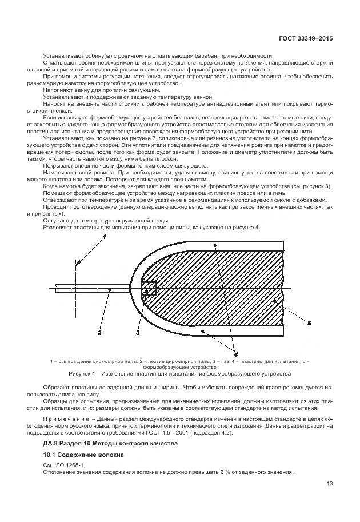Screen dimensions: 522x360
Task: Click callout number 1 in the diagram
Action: [104, 236]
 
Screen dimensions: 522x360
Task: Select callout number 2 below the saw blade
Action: [99, 332]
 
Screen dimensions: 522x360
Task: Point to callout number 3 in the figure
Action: [138, 332]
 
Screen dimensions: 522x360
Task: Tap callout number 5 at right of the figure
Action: [309, 323]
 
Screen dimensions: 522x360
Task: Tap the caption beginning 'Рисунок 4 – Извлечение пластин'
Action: [180, 373]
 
